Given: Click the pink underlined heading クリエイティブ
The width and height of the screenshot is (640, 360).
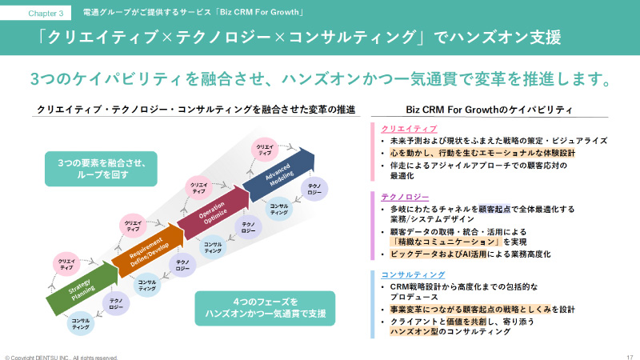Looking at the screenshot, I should (x=408, y=128).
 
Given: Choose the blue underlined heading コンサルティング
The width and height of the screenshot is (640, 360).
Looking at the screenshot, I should (x=413, y=274).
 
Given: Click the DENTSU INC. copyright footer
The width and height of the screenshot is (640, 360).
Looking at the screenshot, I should (x=61, y=357).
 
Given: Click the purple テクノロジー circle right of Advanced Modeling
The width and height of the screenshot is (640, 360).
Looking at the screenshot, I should (x=314, y=189).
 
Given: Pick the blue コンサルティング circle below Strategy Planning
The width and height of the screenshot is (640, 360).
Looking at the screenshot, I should (x=81, y=324).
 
